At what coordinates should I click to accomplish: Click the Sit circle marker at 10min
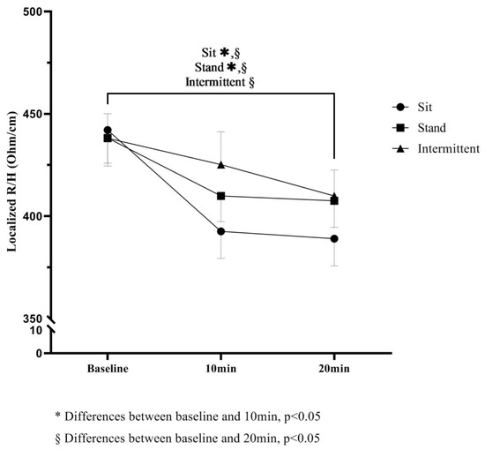[221, 231]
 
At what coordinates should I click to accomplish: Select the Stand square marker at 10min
[221, 196]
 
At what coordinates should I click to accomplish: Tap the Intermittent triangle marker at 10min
[221, 164]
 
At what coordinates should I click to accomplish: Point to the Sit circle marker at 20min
[335, 238]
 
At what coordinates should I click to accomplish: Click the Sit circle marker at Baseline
[108, 130]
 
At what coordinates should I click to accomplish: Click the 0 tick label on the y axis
[39, 353]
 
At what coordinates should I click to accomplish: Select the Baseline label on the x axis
[108, 368]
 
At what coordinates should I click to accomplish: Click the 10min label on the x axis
[221, 368]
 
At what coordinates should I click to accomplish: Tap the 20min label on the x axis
[335, 368]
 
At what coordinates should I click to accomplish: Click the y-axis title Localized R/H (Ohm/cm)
[14, 184]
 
